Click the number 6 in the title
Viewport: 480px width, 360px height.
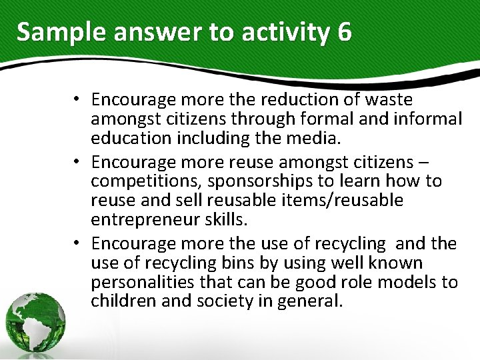(344, 31)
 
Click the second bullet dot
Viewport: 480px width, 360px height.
(78, 162)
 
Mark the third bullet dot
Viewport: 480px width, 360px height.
(78, 243)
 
